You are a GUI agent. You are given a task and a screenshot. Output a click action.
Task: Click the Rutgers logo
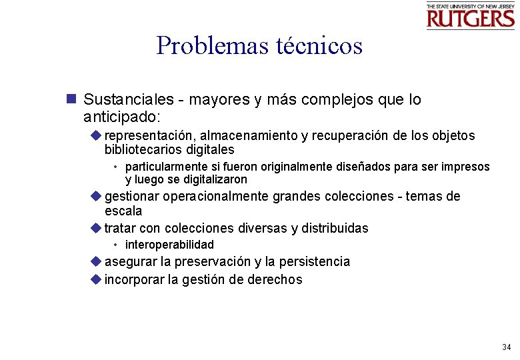click(x=471, y=16)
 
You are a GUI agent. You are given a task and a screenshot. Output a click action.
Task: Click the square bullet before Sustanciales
click(x=71, y=100)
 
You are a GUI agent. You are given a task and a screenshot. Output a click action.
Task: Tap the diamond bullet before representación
click(x=96, y=135)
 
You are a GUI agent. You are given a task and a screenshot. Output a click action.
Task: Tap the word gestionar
click(x=133, y=197)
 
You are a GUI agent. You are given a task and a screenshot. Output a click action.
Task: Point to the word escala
click(x=123, y=211)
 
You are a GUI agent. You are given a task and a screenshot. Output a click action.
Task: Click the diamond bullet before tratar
click(x=96, y=228)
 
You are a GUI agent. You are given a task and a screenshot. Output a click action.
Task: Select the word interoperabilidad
click(x=169, y=245)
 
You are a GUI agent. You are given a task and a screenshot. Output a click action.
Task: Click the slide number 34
click(x=507, y=347)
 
